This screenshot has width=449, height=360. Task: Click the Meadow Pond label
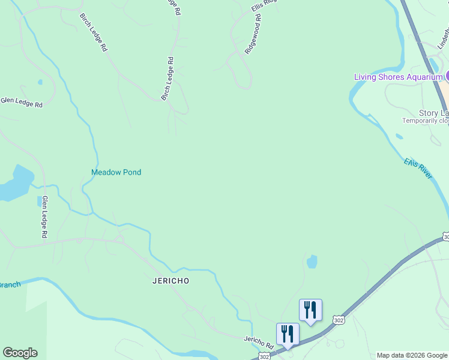click(116, 172)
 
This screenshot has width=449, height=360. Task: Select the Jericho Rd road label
click(259, 343)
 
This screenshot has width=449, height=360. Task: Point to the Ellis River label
click(418, 168)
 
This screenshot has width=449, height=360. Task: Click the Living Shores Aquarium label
click(398, 77)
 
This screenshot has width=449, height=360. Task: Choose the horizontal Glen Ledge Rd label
click(22, 103)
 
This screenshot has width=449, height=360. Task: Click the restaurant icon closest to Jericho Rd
click(288, 333)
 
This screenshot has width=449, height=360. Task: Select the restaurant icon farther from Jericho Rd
click(310, 310)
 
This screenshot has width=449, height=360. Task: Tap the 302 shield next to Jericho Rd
click(265, 356)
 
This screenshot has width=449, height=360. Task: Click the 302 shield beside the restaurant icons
click(339, 320)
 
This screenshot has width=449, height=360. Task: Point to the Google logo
click(20, 353)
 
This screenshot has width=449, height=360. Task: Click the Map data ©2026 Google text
click(412, 355)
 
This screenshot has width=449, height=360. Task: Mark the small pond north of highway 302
click(312, 262)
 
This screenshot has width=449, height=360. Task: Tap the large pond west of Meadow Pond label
click(16, 183)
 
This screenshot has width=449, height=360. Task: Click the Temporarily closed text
click(425, 121)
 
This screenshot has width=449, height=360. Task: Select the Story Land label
click(433, 113)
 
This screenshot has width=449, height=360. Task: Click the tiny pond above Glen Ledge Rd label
click(40, 82)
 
